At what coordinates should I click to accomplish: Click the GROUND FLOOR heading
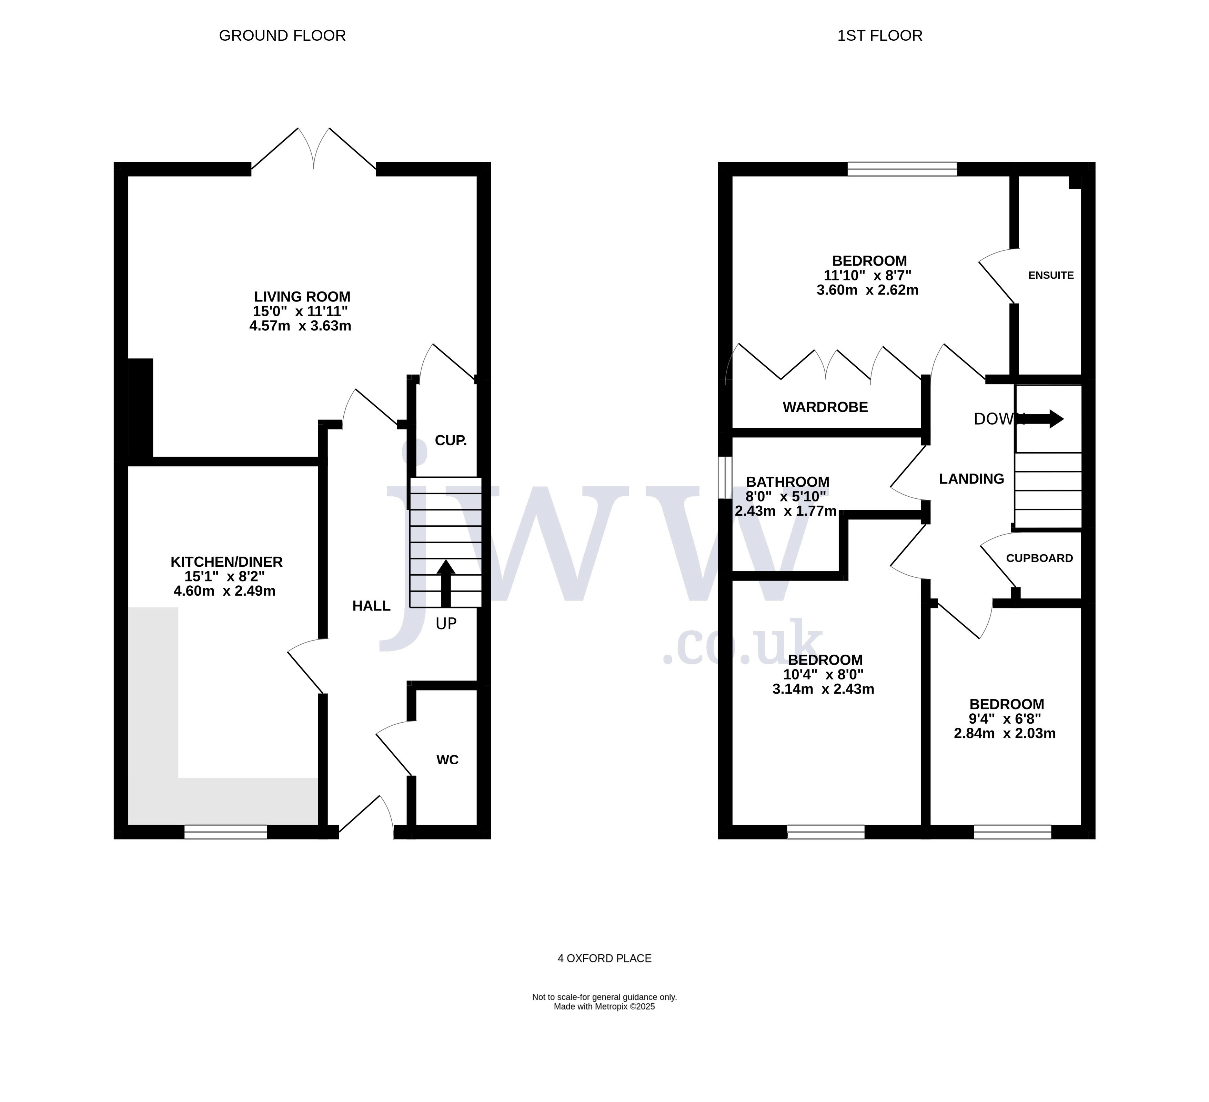282,36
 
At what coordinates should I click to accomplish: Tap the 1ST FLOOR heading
880,36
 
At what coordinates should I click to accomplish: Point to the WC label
447,760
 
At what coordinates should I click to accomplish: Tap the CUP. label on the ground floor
450,440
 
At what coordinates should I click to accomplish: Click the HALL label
371,606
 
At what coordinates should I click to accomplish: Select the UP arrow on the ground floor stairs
446,584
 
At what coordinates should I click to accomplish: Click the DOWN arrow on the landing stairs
1044,419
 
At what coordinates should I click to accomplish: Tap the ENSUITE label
1051,275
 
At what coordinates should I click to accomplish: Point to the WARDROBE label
825,407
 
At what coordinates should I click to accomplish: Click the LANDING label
971,479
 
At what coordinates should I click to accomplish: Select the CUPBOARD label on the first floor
1039,558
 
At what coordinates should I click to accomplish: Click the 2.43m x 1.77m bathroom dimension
786,511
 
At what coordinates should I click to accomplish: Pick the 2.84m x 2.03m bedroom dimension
1005,733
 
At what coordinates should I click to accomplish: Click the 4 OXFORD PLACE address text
605,959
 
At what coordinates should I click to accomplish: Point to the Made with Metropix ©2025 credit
605,1006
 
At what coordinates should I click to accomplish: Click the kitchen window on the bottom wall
225,832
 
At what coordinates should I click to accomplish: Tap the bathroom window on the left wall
726,477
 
